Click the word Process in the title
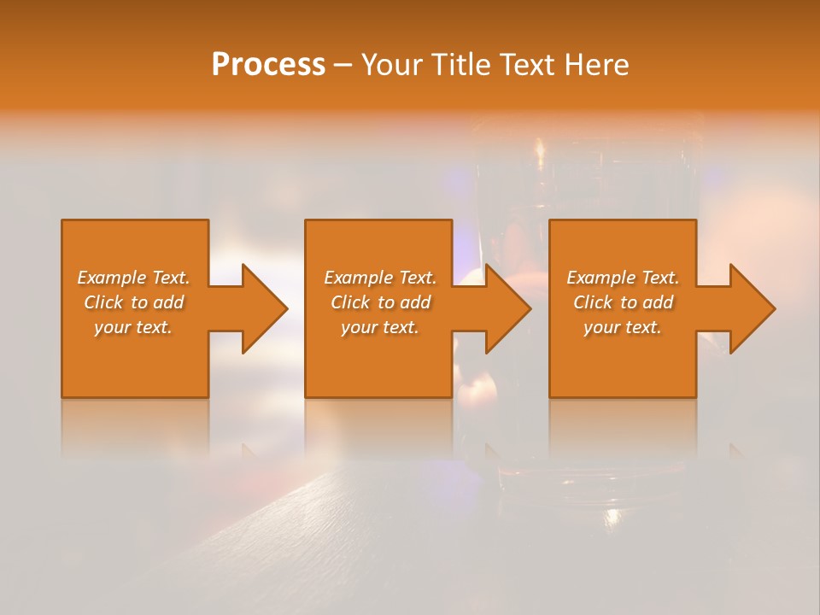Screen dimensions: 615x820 pos(268,65)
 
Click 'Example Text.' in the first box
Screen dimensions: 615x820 pos(133,278)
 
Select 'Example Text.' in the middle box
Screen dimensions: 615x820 pos(380,278)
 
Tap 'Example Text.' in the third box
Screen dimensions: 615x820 pos(623,278)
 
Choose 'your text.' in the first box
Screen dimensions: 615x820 pos(133,327)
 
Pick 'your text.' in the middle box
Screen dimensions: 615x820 pos(380,327)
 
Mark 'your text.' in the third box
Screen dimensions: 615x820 pos(623,327)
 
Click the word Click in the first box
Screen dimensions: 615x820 pos(103,302)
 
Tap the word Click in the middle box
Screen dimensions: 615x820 pos(350,302)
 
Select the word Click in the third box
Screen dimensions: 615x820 pos(593,302)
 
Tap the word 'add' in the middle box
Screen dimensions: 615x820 pos(415,302)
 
